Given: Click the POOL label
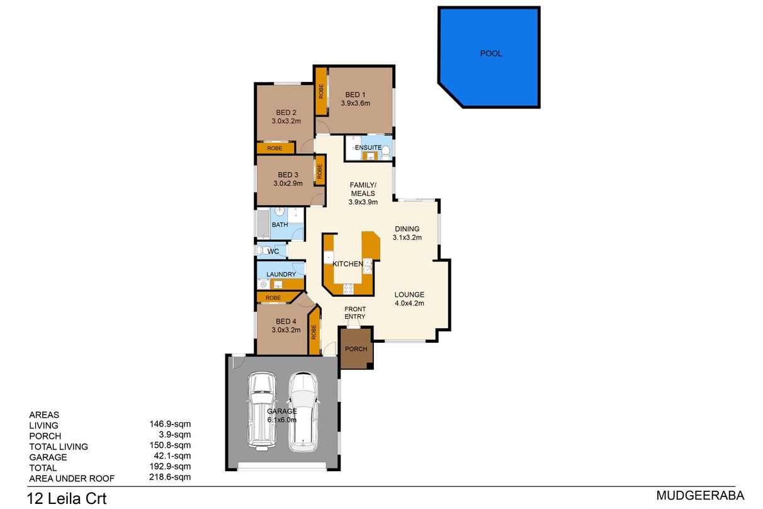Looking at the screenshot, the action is coord(491,54).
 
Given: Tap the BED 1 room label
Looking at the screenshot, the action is coord(355,94).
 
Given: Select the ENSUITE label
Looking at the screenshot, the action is coord(368,147).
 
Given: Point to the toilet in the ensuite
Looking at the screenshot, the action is coord(385,152).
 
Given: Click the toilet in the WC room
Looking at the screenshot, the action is coord(263,251).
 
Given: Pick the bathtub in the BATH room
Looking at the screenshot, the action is coord(263,224).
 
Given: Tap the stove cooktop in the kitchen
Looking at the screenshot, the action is coord(349,289).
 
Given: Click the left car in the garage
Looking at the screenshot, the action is coord(262,411).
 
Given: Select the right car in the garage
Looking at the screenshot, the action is coord(303,412).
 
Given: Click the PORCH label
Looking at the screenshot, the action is coord(356,349).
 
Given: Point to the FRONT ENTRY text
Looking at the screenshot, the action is coord(355,312).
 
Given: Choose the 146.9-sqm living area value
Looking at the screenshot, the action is coord(170,424).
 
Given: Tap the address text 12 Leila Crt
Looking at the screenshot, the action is coord(67,498).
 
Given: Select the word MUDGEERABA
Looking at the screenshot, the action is coord(700,495).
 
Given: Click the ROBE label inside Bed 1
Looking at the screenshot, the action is coord(321,91).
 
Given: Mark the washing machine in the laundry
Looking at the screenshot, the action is coord(263,284).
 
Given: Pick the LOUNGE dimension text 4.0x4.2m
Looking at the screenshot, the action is coord(409,303).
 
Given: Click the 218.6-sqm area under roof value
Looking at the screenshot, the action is coord(170,477).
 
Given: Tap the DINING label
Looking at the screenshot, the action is coord(407,229).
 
